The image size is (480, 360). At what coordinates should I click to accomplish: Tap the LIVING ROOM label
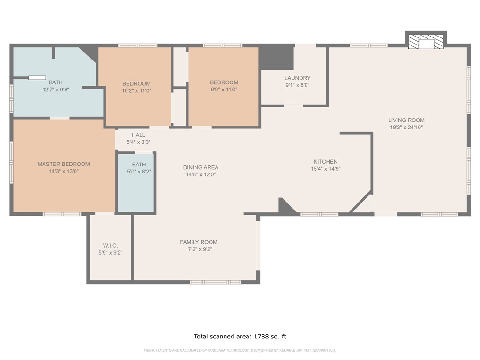tap(406, 120)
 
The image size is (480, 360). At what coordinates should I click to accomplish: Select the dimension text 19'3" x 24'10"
tap(406, 127)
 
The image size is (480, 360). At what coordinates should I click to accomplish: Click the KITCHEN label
tap(325, 162)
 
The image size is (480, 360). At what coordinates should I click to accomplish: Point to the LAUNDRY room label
tap(297, 78)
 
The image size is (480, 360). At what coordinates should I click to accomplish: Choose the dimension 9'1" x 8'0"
tap(297, 85)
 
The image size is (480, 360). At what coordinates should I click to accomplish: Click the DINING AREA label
tap(201, 167)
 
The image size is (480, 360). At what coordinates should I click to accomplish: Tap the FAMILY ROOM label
tap(199, 242)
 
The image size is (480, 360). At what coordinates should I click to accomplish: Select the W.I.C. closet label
tap(110, 246)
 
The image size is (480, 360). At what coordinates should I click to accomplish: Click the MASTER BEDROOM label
tap(64, 164)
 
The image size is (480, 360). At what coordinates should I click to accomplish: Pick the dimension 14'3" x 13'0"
tap(64, 171)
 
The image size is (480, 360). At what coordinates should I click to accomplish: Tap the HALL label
tap(138, 135)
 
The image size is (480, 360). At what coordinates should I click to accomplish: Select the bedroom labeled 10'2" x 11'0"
tap(136, 87)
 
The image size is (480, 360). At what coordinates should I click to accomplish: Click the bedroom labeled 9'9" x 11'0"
tap(224, 86)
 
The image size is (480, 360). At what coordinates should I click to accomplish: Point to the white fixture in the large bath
tap(37, 78)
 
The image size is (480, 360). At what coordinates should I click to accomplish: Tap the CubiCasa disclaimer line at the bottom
tap(240, 350)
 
